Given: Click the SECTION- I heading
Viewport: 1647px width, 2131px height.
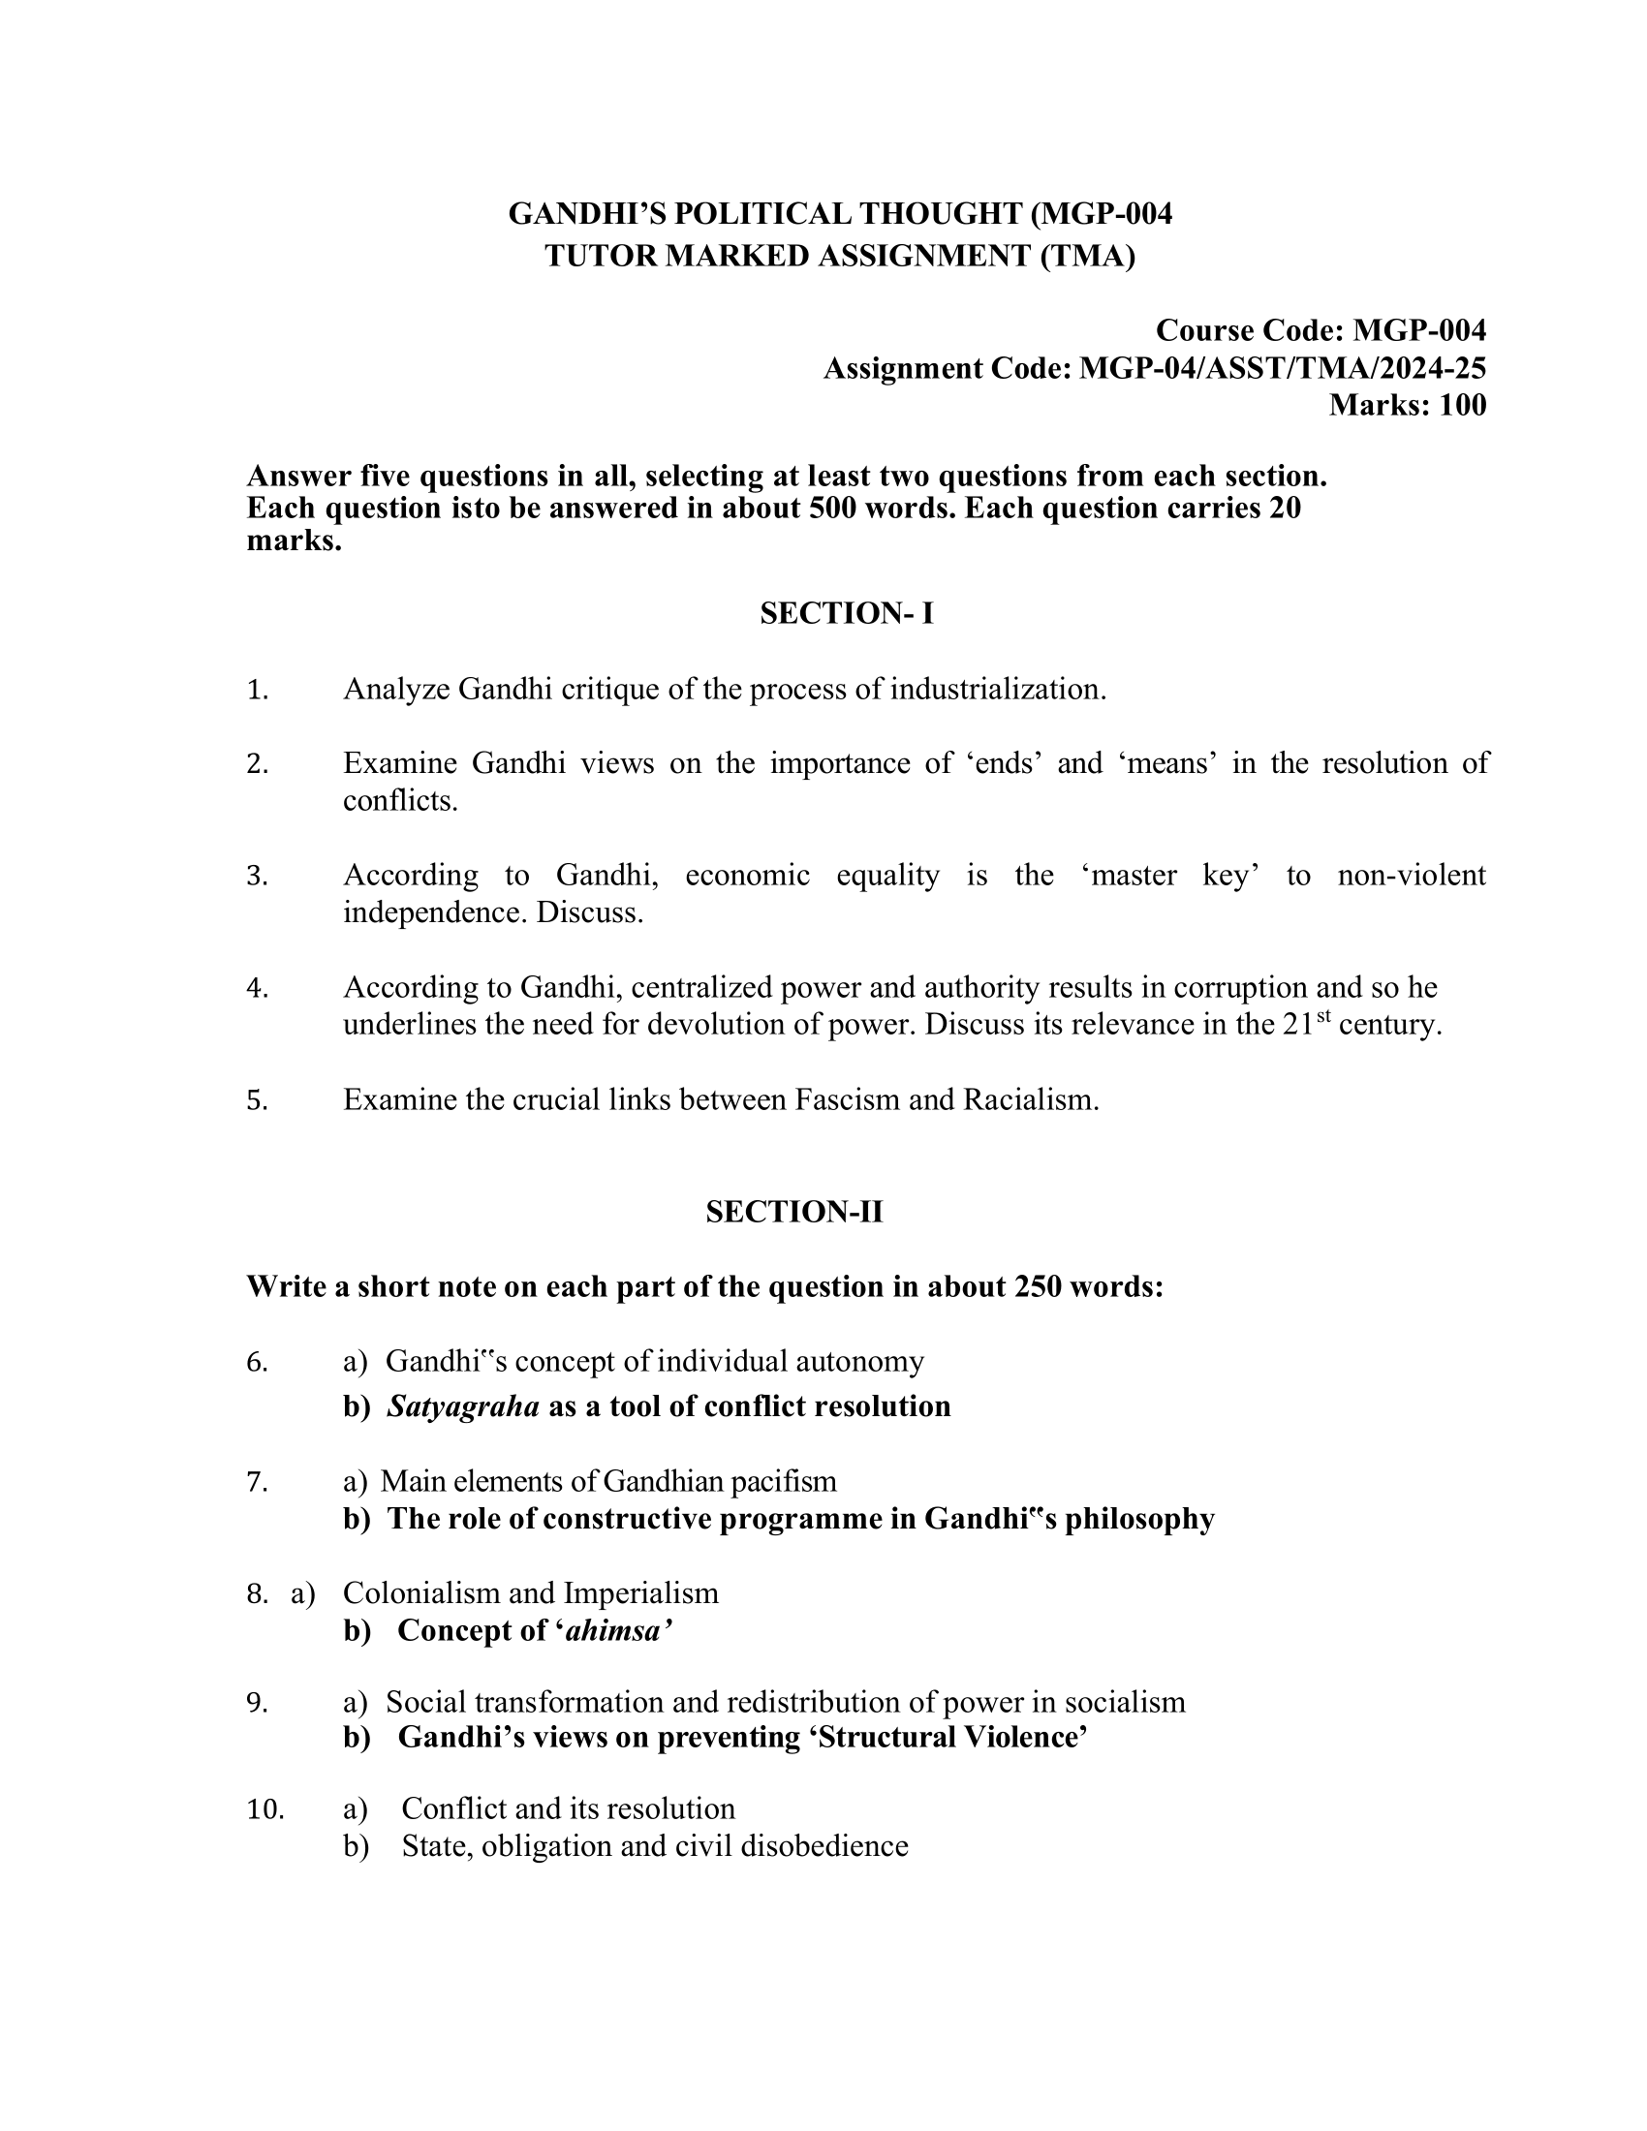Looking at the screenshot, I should coord(846,614).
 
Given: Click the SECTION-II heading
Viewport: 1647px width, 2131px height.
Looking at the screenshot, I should coord(794,1212).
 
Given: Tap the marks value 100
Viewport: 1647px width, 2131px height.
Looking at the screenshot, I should coord(1462,405).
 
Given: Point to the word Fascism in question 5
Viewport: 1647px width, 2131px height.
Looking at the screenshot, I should coord(848,1099).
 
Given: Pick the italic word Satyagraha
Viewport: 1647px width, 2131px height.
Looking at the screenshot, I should coord(463,1406).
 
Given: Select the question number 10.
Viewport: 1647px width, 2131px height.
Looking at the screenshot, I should coord(265,1808).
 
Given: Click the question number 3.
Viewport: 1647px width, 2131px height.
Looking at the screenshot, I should coord(257,876).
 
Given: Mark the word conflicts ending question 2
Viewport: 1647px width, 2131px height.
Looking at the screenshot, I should coord(400,801).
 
